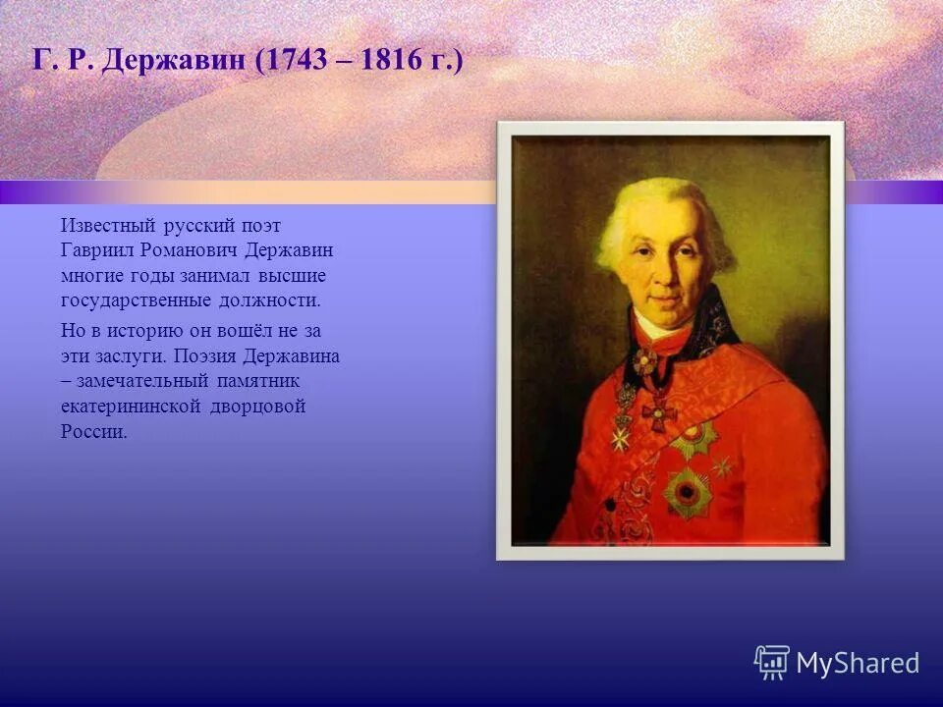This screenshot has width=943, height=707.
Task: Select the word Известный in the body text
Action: pyautogui.click(x=102, y=226)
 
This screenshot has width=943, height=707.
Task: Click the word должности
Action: pyautogui.click(x=276, y=301)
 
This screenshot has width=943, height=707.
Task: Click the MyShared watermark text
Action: pyautogui.click(x=858, y=664)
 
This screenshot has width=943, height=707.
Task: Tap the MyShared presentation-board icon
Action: pyautogui.click(x=771, y=663)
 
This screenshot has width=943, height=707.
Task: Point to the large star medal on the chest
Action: pyautogui.click(x=687, y=491)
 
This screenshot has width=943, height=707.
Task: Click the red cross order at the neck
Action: pyautogui.click(x=659, y=412)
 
